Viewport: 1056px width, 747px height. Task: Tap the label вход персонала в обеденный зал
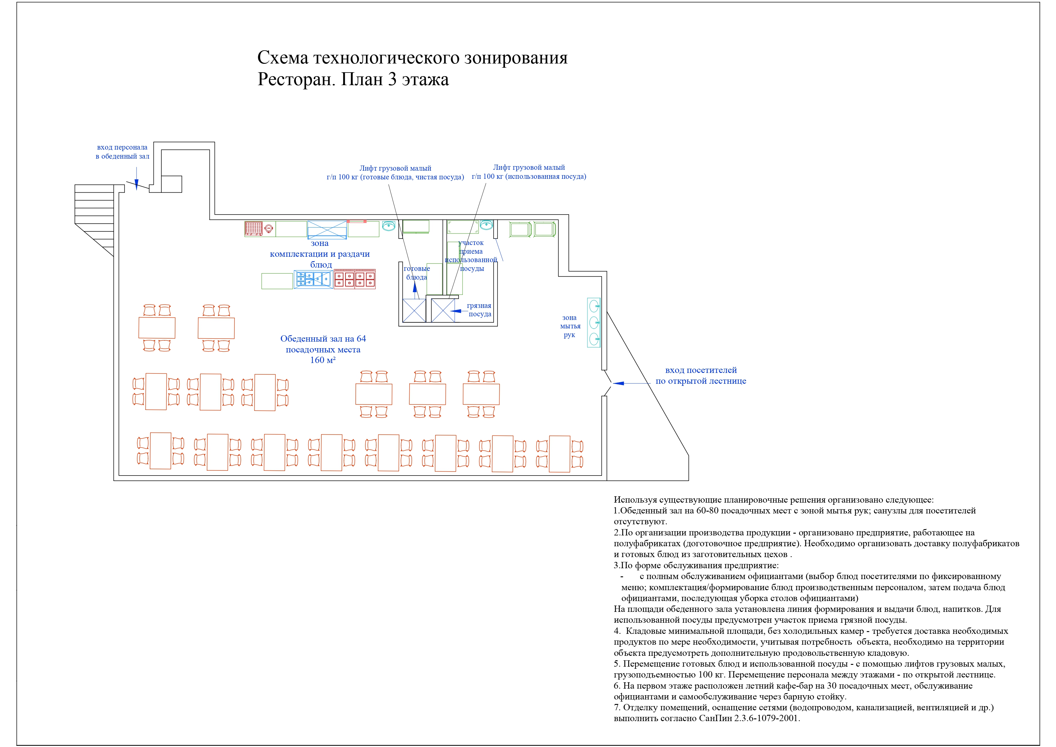[x=122, y=152]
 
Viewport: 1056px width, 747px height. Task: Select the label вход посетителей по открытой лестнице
[x=701, y=375]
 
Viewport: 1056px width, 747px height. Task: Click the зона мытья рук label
[x=570, y=326]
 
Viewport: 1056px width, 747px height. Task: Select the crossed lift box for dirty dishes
[x=443, y=311]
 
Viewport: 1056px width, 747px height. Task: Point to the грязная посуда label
[x=479, y=310]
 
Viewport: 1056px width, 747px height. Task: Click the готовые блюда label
[x=417, y=273]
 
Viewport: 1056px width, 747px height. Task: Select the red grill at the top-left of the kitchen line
[x=253, y=229]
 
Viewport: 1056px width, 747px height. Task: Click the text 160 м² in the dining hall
[x=323, y=360]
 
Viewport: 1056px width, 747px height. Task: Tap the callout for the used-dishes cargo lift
[x=529, y=172]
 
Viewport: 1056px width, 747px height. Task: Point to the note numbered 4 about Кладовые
[x=811, y=642]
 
